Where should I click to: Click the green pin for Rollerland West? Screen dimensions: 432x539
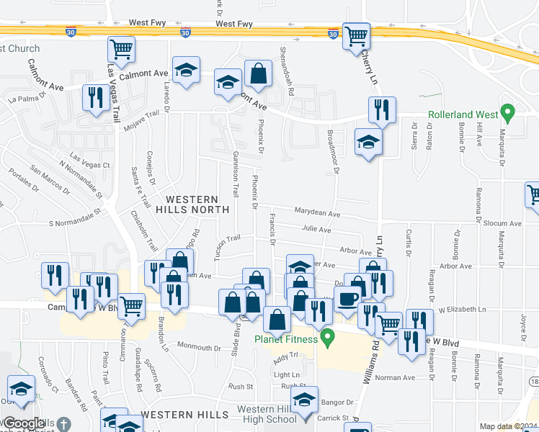[508, 113]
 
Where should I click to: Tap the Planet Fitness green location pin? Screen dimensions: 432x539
[329, 336]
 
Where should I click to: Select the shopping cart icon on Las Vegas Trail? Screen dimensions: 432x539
[121, 50]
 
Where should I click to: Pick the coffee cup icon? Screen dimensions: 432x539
[349, 298]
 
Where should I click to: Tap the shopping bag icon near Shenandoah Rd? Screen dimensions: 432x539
[258, 73]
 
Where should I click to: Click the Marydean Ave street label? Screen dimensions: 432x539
[317, 213]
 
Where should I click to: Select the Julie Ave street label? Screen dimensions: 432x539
[316, 230]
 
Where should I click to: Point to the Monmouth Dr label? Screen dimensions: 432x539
[197, 346]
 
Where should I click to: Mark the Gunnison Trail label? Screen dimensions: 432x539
[236, 176]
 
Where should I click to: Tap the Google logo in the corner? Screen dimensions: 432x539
[23, 424]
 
